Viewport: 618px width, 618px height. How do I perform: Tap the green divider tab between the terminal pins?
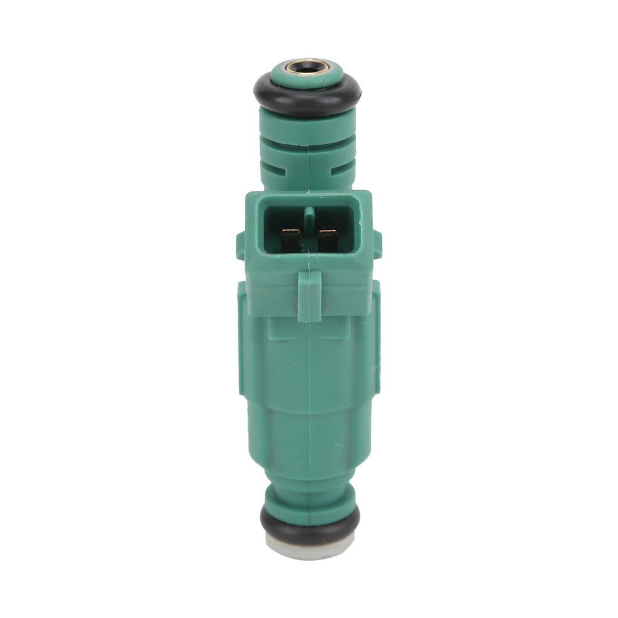tap(309, 217)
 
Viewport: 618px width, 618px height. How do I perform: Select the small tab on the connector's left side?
tap(240, 244)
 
